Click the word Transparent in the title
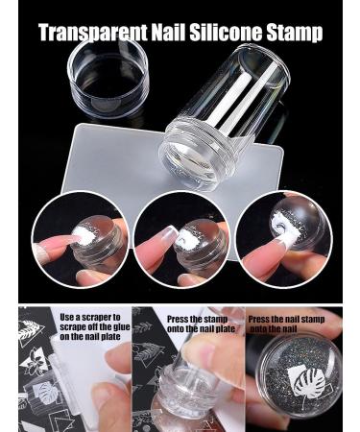click(x=93, y=32)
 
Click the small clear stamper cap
click(x=108, y=78)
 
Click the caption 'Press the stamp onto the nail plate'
click(x=201, y=324)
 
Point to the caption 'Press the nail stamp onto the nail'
click(x=286, y=324)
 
